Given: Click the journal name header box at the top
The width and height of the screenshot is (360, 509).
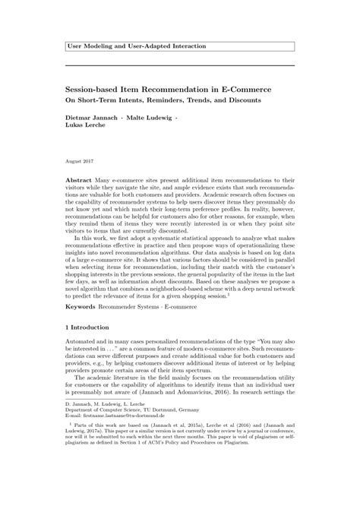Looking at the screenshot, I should tap(179, 47).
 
